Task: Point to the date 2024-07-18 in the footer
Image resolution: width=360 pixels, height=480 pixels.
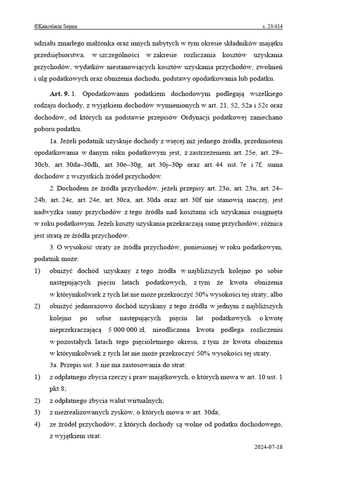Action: tap(268, 447)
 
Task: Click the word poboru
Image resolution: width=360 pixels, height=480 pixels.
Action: tap(44, 129)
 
